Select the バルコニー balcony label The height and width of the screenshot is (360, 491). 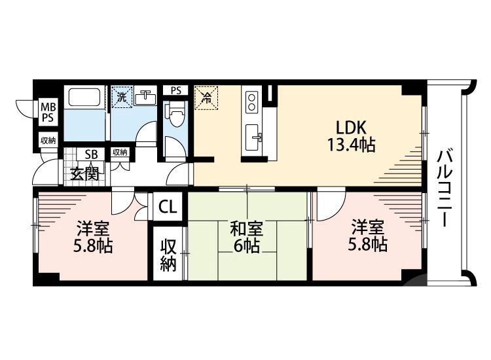[447, 187]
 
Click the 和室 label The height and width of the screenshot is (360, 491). [247, 229]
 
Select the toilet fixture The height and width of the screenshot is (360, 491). [175, 118]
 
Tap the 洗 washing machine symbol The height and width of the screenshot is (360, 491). [121, 98]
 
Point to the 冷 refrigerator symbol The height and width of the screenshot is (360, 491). [206, 99]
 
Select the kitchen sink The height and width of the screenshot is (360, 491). [253, 137]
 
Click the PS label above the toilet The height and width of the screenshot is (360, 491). [175, 91]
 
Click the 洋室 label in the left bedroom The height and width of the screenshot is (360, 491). [92, 229]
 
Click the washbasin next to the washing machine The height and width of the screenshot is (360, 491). [145, 98]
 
